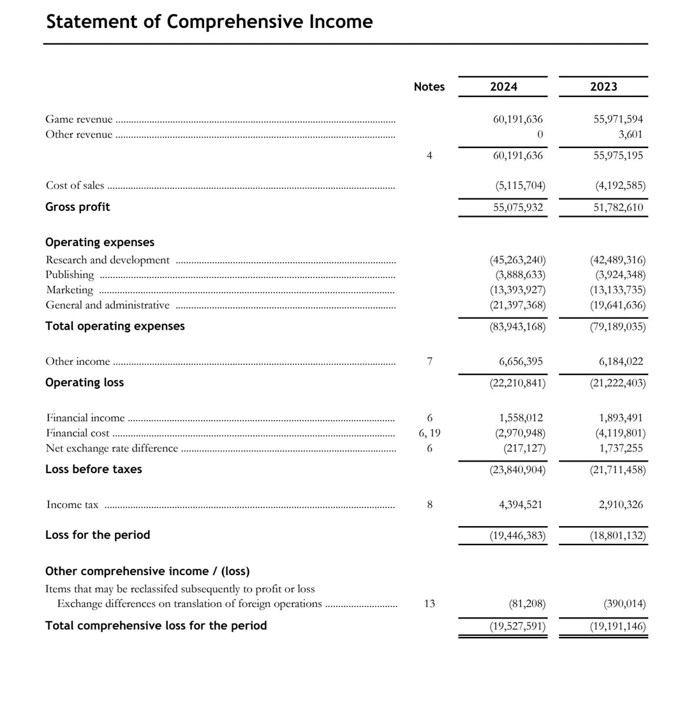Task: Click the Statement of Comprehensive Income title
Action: [x=209, y=22]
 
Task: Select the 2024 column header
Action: [x=503, y=87]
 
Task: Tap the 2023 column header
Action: [x=604, y=87]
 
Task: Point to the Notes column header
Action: [x=429, y=87]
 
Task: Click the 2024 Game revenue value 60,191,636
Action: [x=517, y=119]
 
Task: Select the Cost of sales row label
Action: [x=75, y=186]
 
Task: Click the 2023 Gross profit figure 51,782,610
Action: [x=618, y=207]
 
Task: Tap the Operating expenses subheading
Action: [x=100, y=242]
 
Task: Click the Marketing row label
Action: [x=70, y=290]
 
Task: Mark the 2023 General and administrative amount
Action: [x=618, y=305]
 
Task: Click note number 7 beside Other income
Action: [x=429, y=362]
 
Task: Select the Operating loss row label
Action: [x=84, y=383]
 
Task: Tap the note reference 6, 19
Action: [x=429, y=434]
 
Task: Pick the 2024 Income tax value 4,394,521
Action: [x=521, y=505]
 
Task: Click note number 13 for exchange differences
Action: [x=429, y=604]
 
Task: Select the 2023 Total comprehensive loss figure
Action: [x=618, y=626]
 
